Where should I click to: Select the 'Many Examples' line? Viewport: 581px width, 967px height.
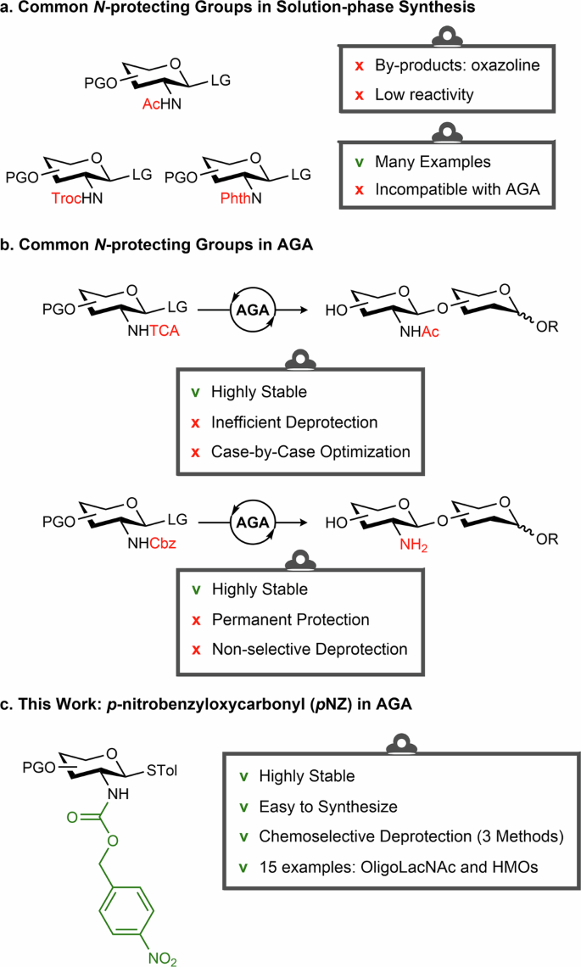point(425,160)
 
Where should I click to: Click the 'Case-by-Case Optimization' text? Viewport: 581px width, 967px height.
point(310,452)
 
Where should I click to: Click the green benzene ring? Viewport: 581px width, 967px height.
point(125,892)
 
